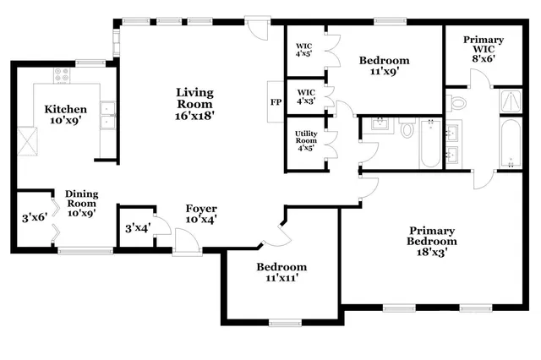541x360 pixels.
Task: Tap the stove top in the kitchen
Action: click(62, 75)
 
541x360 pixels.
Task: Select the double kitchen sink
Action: click(107, 115)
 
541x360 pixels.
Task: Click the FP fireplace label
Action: click(275, 102)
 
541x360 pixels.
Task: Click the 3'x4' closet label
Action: click(137, 227)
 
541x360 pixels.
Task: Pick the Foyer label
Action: click(201, 214)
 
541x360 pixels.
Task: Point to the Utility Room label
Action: click(305, 140)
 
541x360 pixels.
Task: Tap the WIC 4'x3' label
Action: click(304, 97)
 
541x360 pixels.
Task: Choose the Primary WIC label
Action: click(483, 46)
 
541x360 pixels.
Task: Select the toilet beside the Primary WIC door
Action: click(456, 103)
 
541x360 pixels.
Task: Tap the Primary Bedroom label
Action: click(432, 241)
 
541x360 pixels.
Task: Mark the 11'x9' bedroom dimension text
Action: click(384, 72)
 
